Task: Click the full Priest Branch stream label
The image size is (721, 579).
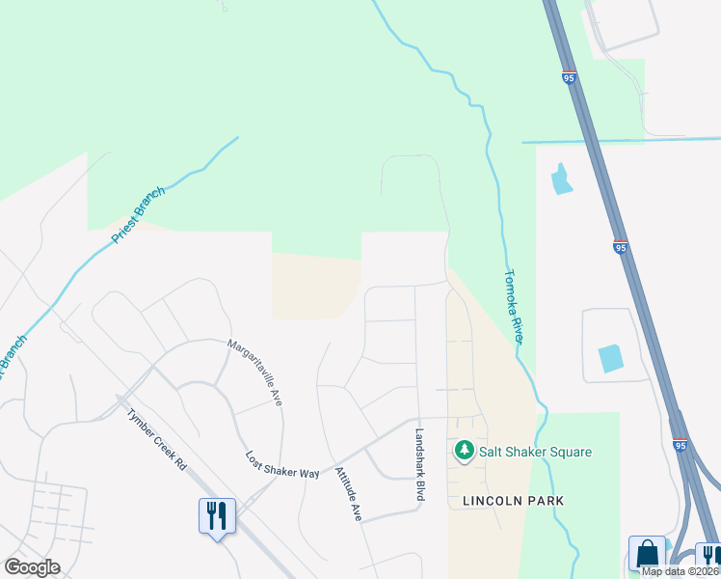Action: tap(139, 214)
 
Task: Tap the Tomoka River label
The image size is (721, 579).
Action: tap(513, 306)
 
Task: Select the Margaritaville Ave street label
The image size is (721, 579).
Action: tap(254, 372)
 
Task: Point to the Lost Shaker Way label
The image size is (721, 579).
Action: tap(281, 465)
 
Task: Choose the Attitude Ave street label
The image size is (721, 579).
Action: tap(347, 494)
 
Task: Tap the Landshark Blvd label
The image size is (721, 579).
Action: tap(420, 464)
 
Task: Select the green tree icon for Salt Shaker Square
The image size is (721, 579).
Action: tap(465, 451)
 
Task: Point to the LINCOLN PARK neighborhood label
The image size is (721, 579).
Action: tap(513, 501)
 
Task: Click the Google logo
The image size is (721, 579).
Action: tap(32, 567)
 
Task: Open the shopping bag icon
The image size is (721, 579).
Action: tap(646, 554)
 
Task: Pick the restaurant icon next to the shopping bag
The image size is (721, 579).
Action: tap(708, 556)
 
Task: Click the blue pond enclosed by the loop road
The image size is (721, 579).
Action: tap(611, 358)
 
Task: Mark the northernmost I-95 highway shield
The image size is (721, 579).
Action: tap(570, 77)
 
